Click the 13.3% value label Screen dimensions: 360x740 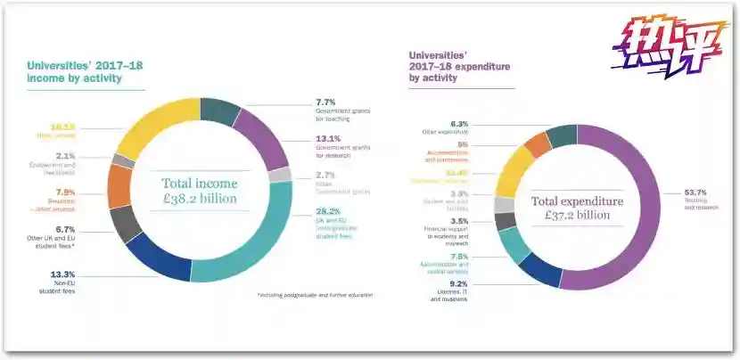click(63, 274)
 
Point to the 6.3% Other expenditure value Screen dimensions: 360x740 click(459, 124)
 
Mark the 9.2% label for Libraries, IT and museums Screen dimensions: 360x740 click(458, 283)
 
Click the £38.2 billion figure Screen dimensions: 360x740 click(199, 199)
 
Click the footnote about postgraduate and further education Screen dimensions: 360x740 click(314, 294)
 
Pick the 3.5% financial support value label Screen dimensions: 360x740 click(459, 220)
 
